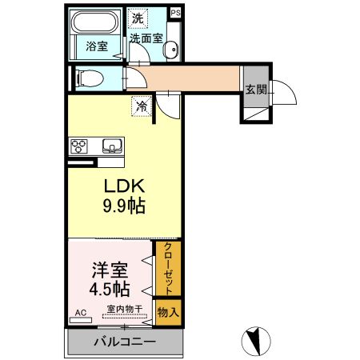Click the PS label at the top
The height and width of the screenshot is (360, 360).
click(176, 13)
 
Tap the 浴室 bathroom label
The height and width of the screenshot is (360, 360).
click(97, 46)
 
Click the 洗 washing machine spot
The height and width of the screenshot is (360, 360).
click(138, 18)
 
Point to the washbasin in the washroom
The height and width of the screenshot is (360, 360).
click(171, 50)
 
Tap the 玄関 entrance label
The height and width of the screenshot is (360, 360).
click(255, 89)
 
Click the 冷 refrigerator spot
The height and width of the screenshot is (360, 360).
click(142, 105)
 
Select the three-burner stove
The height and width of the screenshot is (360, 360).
click(80, 146)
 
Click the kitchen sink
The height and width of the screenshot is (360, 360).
click(110, 146)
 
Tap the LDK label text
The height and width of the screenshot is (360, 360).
click(122, 186)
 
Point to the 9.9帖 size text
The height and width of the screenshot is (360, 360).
click(122, 207)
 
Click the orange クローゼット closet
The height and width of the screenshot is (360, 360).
click(169, 268)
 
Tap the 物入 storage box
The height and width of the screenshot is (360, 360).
click(169, 311)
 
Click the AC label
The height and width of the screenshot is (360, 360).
click(80, 312)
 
